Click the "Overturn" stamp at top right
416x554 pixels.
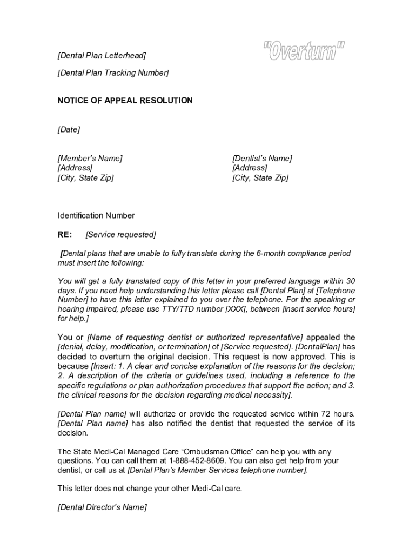[x=305, y=52]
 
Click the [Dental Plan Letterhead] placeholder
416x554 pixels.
[x=102, y=56]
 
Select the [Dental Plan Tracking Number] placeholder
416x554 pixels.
[x=113, y=72]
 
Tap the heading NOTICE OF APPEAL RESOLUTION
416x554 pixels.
[x=125, y=101]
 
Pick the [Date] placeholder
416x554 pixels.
[x=69, y=129]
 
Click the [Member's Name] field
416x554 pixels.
[x=90, y=158]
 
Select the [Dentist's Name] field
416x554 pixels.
[x=262, y=158]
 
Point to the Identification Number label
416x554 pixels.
[x=96, y=215]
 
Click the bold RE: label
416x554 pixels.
[x=65, y=234]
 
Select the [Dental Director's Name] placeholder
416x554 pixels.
[x=102, y=507]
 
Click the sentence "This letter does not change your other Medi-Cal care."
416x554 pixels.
[x=150, y=488]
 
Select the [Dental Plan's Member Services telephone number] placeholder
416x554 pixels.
[x=217, y=470]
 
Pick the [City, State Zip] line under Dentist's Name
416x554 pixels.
[x=260, y=177]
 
